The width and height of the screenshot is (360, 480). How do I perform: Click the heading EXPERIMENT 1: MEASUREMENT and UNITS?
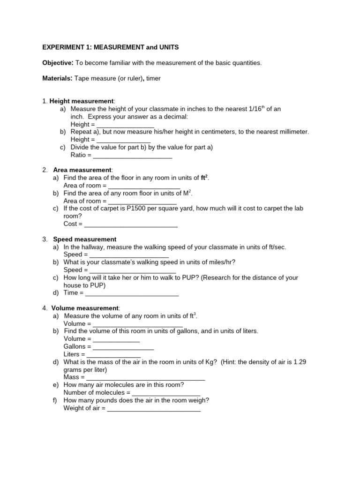coord(111,48)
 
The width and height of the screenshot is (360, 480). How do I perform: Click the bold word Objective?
coord(58,63)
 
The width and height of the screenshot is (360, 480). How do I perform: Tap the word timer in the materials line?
coord(153,78)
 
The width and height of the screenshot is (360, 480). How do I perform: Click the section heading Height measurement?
coord(82,101)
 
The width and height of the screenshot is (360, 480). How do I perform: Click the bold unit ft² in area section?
coord(204,178)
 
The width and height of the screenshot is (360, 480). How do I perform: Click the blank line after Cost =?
coord(131,224)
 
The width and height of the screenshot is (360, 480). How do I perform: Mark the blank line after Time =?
coord(132,293)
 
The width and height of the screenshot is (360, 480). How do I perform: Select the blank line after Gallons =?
coord(123,346)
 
